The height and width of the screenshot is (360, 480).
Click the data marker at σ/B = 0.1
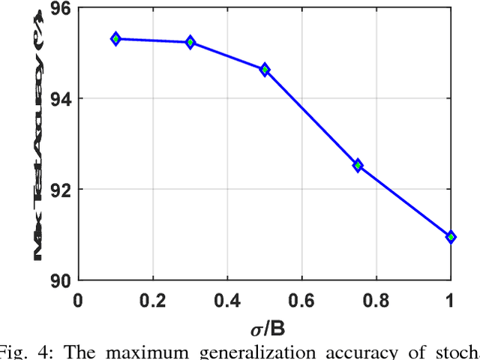(115, 38)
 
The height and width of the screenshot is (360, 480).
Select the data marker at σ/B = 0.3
(190, 42)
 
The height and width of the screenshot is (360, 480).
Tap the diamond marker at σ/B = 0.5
(265, 69)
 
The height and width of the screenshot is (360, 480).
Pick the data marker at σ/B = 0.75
(358, 165)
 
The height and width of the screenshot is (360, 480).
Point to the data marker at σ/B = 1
(451, 237)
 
